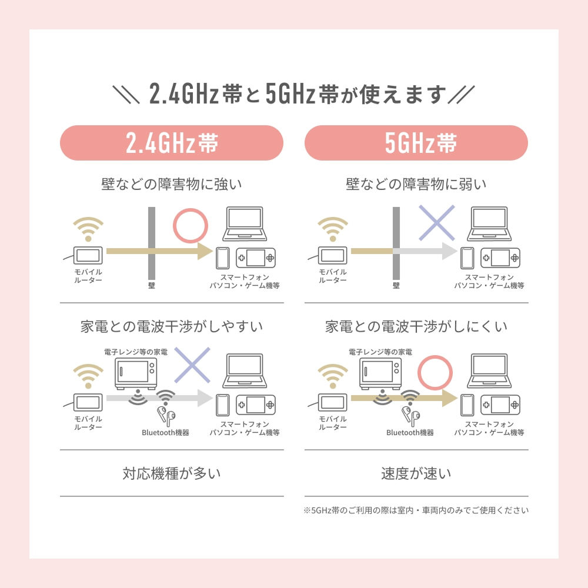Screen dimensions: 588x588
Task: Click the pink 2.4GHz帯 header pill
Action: [171, 143]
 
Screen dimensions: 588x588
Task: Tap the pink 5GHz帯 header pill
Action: [416, 143]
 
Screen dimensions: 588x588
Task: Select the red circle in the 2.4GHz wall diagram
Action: [191, 209]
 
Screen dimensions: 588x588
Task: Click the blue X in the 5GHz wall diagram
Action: [436, 223]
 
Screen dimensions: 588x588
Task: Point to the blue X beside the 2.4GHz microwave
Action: [192, 365]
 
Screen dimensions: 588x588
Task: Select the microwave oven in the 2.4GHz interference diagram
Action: [136, 374]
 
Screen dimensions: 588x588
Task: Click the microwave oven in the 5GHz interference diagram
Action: [380, 374]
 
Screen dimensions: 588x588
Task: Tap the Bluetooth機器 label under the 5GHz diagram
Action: [410, 433]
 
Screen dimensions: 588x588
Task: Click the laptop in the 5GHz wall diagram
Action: [489, 224]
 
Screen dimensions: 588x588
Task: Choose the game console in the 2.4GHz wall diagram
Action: [255, 258]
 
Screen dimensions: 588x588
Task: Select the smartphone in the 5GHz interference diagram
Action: [467, 405]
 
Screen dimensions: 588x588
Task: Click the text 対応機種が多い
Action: [172, 473]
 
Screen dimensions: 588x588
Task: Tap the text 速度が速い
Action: [416, 473]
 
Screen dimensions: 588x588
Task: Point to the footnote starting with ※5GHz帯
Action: [416, 510]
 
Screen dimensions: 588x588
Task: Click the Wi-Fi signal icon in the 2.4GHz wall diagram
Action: [88, 229]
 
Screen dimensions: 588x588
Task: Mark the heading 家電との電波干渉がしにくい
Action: [416, 326]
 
